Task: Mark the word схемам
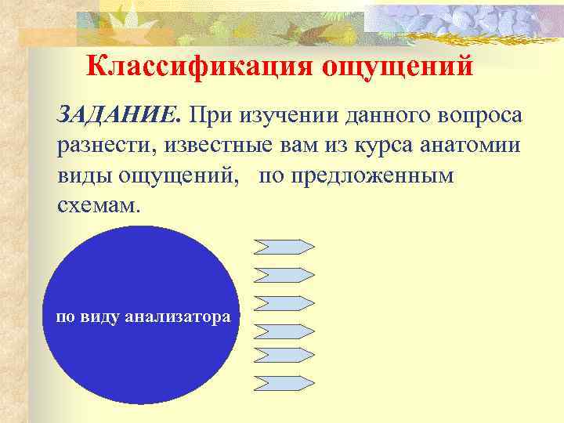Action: (100, 205)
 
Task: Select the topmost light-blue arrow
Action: (284, 246)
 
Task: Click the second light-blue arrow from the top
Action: (284, 274)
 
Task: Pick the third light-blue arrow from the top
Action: (284, 302)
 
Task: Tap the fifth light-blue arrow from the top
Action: (284, 354)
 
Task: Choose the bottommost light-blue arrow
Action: (284, 382)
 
